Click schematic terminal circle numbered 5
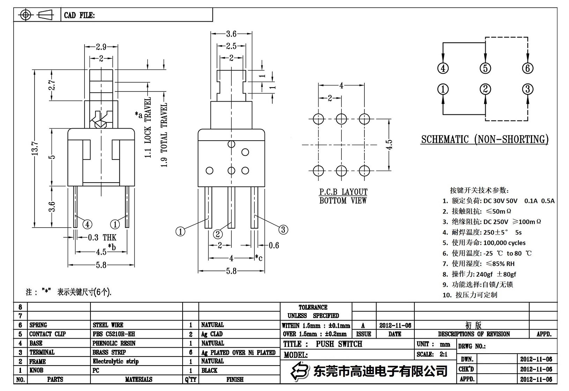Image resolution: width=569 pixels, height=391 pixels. [485, 68]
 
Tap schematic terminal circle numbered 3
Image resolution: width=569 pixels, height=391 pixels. [527, 89]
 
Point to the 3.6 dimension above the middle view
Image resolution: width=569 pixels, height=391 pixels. [231, 34]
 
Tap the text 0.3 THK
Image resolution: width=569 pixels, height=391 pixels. [102, 238]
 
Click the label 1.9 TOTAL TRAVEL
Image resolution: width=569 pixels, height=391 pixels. [164, 135]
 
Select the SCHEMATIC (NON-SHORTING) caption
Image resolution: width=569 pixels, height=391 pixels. [485, 139]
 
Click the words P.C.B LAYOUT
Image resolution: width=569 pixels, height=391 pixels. [343, 192]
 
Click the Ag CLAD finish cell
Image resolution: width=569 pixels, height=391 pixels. [212, 334]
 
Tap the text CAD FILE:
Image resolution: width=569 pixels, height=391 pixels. [79, 15]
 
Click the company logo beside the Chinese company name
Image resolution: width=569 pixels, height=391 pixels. [301, 371]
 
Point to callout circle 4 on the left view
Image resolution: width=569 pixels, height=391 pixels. [87, 224]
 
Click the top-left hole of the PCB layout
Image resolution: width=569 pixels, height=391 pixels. [318, 119]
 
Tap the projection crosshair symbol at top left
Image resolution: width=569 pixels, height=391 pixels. [25, 15]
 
